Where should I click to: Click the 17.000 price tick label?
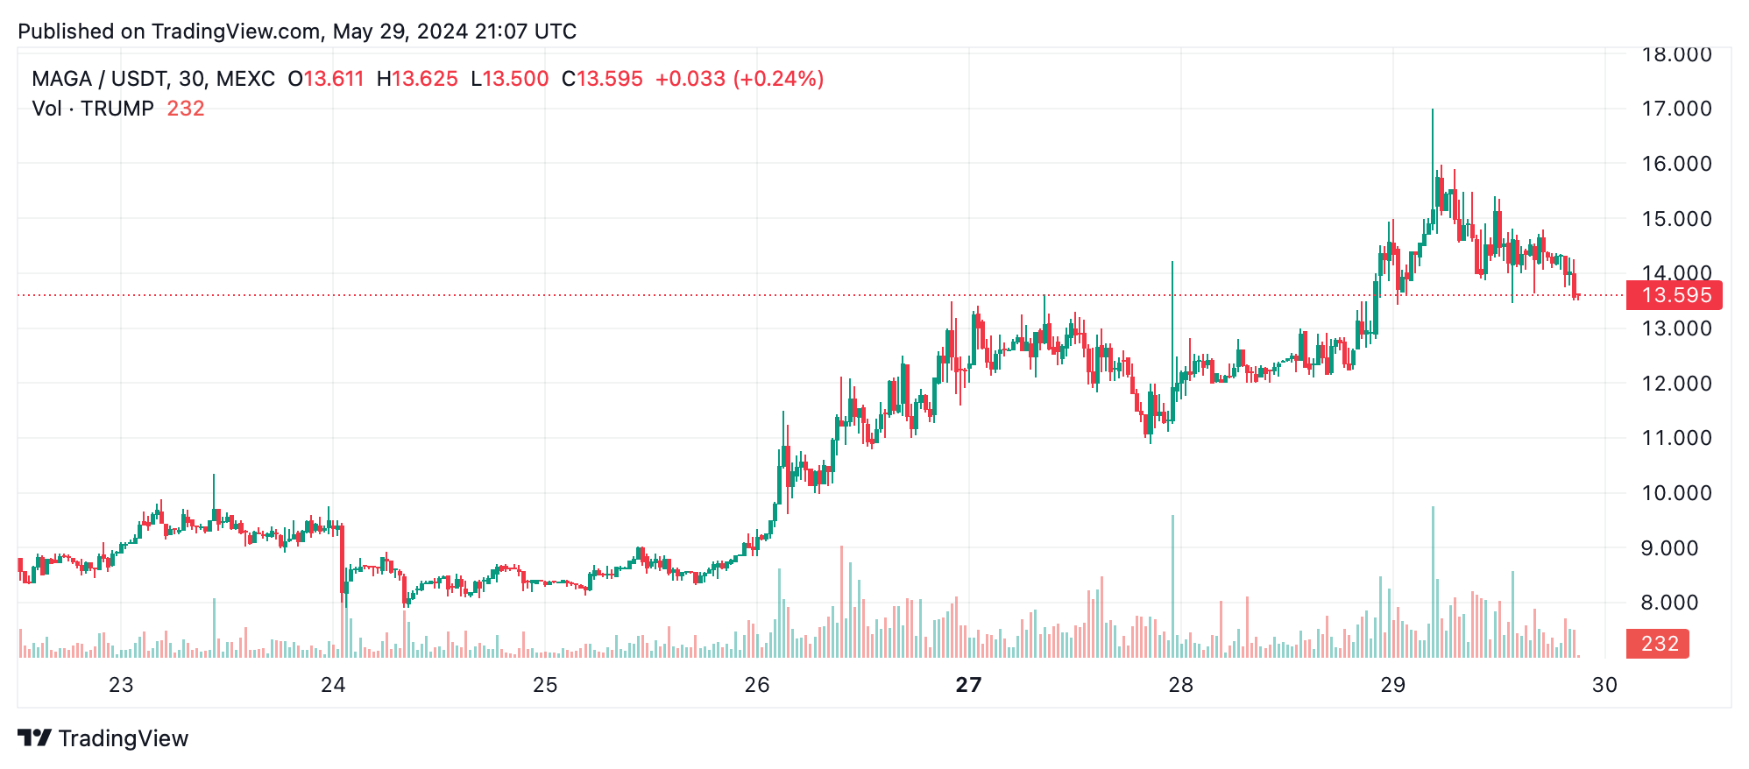[1675, 109]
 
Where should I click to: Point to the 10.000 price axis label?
[1675, 493]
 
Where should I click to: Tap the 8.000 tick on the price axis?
[1675, 603]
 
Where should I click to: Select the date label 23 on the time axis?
[121, 685]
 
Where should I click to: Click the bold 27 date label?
[968, 685]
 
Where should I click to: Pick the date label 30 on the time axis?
[1604, 685]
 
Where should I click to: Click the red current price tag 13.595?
[1674, 295]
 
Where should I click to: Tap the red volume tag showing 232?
[1659, 644]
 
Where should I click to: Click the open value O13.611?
[326, 79]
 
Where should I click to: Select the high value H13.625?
[417, 79]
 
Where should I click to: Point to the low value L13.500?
[510, 79]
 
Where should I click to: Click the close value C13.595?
[602, 79]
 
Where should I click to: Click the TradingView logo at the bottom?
[103, 738]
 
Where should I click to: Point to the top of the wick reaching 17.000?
[1433, 110]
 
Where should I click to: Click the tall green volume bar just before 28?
[1172, 587]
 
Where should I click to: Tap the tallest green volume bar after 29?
[1433, 582]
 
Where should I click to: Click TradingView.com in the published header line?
[236, 32]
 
